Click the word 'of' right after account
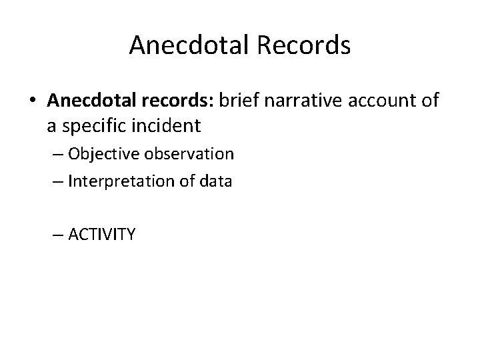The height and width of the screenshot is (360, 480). tap(429, 101)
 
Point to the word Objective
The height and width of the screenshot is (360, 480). tap(100, 155)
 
